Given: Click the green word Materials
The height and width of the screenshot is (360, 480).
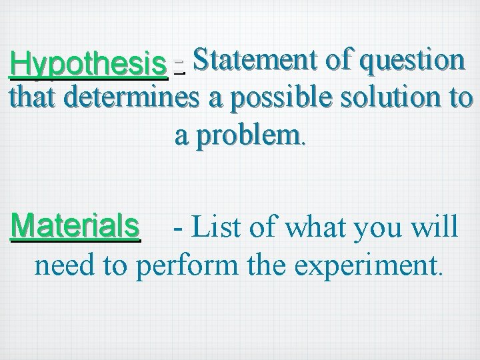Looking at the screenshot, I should point(75,226).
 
